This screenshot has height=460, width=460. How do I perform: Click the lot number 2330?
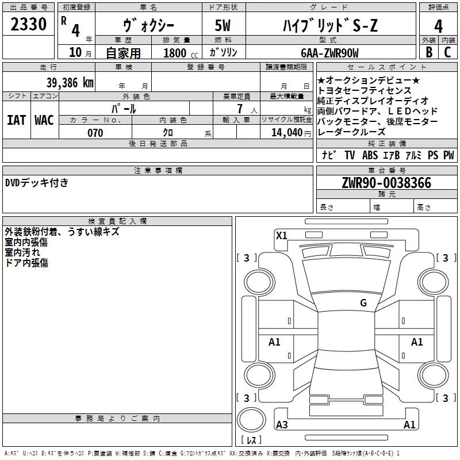coord(28,24)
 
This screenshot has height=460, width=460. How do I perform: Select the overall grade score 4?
coord(438,26)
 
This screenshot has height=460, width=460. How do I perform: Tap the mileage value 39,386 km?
coord(70,83)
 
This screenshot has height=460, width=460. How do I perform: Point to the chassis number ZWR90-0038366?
coord(386,183)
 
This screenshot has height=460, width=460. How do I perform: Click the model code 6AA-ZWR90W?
coord(329,53)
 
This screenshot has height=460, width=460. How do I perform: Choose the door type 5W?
coord(223,25)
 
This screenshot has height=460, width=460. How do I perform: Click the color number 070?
coord(95,133)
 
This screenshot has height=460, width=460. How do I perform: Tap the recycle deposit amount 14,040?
coord(287,133)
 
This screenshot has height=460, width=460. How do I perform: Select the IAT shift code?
coord(16,120)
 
